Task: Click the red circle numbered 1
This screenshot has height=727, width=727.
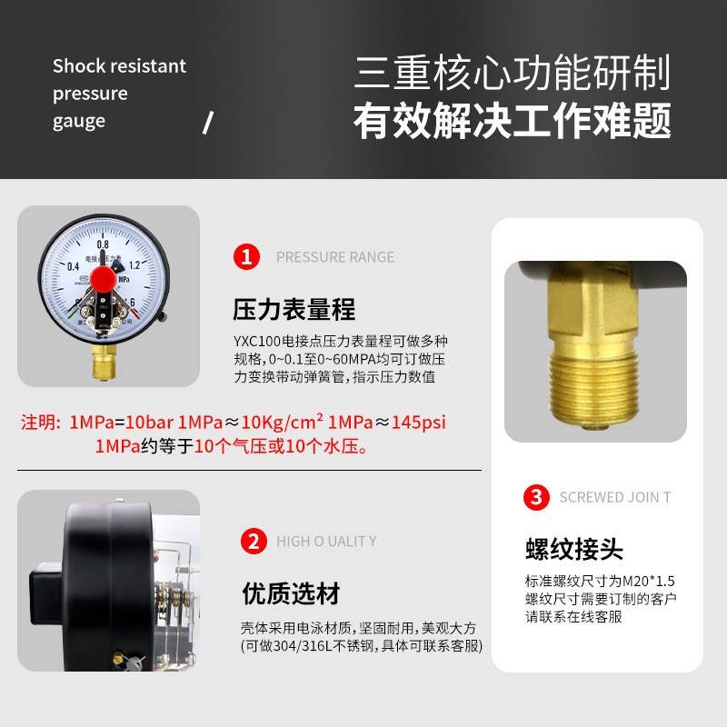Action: point(246,256)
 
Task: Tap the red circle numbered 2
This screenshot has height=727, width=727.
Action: point(253,542)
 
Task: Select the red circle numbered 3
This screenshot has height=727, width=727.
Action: point(537,497)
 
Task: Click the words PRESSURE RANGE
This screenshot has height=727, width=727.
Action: point(335,257)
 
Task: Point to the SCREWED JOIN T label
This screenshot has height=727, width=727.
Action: point(615,497)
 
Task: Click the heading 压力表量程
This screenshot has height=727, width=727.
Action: point(294,309)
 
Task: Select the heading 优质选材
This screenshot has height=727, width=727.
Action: point(290,594)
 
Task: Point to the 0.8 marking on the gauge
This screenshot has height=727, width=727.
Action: point(103,244)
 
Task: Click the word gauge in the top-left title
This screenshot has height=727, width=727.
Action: point(78,121)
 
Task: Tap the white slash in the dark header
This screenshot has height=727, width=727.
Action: point(207,122)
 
